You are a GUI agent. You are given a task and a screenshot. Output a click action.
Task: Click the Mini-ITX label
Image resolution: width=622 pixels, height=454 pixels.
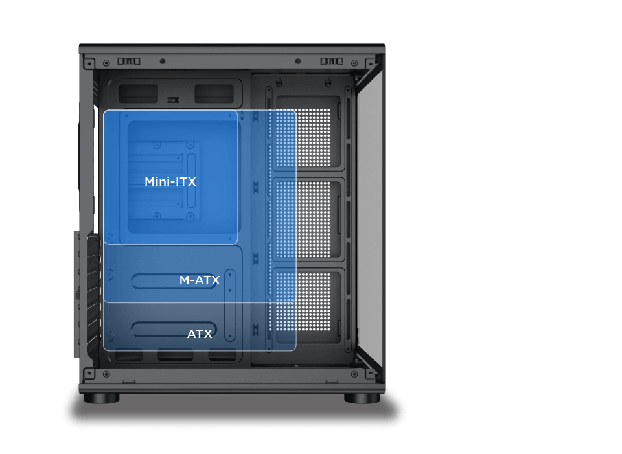coord(170,182)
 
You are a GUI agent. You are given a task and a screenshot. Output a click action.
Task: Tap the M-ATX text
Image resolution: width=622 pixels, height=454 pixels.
coord(200,280)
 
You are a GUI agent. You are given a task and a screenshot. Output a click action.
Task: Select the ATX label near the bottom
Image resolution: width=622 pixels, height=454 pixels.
coord(200,334)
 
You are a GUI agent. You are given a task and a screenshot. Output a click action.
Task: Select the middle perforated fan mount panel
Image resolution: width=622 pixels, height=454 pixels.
coord(308,220)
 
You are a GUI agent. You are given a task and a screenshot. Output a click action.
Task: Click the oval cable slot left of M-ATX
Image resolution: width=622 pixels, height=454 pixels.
coord(155,281)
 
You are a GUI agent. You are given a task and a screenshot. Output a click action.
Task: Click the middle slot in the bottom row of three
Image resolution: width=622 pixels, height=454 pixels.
coord(176,355)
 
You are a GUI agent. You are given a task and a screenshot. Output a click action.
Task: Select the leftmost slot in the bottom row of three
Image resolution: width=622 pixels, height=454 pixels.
coord(129,355)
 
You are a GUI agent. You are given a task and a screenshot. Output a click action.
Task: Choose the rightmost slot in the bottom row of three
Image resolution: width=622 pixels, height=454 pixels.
coord(222,355)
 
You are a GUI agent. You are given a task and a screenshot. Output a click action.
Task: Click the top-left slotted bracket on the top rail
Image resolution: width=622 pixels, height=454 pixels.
coord(129,61)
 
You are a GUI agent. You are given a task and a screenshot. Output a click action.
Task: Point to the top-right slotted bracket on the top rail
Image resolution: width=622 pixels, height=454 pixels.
coord(332,61)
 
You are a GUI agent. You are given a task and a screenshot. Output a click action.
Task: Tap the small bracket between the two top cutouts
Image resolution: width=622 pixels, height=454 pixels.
coord(173,100)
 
